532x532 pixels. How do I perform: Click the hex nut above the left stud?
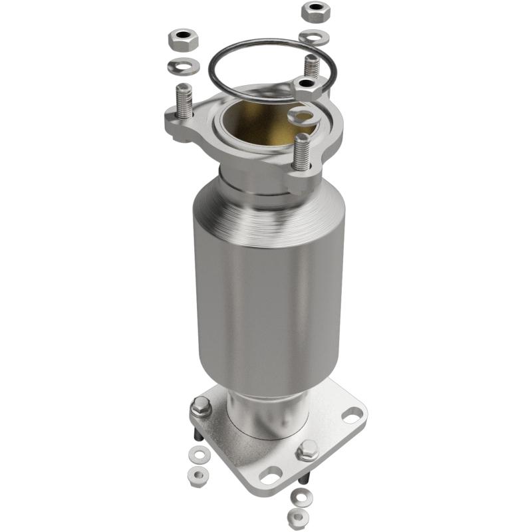coord(182,41)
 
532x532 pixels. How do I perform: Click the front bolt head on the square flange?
coord(307,451)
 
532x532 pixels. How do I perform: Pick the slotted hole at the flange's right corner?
coord(353,417)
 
